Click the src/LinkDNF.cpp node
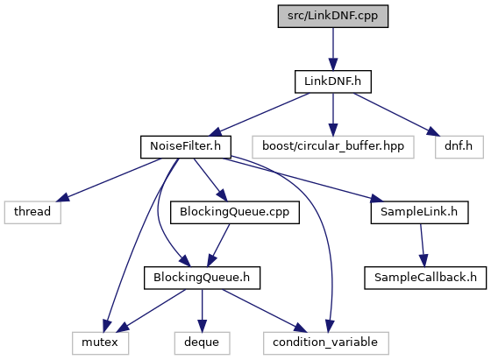pyautogui.click(x=333, y=16)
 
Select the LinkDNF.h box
pyautogui.click(x=333, y=81)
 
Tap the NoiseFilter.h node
pyautogui.click(x=186, y=146)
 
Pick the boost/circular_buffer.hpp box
pyautogui.click(x=333, y=146)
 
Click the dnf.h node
pyautogui.click(x=459, y=146)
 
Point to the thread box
pyautogui.click(x=32, y=212)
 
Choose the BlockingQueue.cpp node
pyautogui.click(x=235, y=212)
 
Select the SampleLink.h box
pyautogui.click(x=419, y=212)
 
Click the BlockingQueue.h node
pyautogui.click(x=202, y=278)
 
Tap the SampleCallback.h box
pyautogui.click(x=425, y=278)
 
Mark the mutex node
pyautogui.click(x=100, y=342)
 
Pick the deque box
pyautogui.click(x=202, y=342)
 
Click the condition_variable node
pyautogui.click(x=325, y=342)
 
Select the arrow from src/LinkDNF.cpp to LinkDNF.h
pyautogui.click(x=333, y=49)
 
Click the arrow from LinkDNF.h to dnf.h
pyautogui.click(x=396, y=114)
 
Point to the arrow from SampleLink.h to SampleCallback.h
pyautogui.click(x=422, y=245)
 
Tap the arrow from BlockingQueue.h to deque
pyautogui.click(x=202, y=311)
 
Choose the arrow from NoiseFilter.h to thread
pyautogui.click(x=110, y=180)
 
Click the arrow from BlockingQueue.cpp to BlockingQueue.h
pyautogui.click(x=218, y=245)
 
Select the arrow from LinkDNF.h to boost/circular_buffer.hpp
pyautogui.click(x=333, y=114)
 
